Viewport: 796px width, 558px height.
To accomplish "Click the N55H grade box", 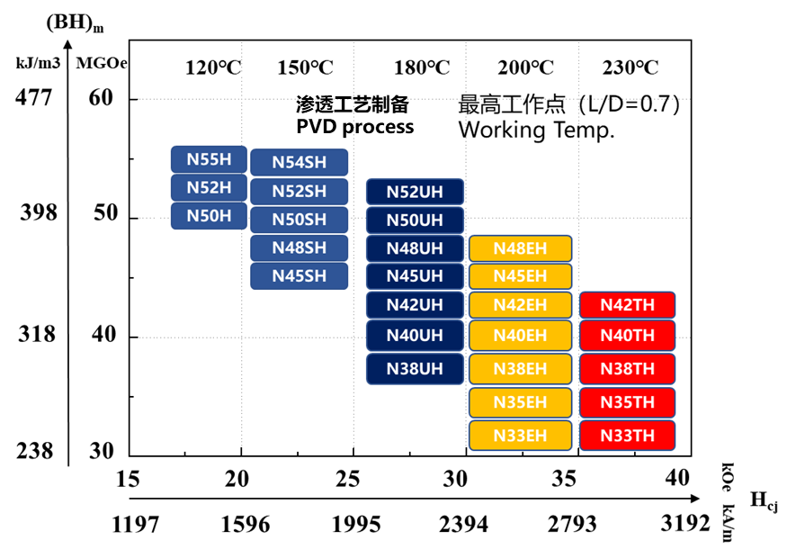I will point(209,160).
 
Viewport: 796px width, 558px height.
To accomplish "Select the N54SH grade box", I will point(299,162).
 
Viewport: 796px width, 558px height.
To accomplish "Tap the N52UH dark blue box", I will point(415,192).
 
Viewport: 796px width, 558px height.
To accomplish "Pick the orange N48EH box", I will point(520,248).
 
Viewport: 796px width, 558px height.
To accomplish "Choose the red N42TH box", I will point(627,305).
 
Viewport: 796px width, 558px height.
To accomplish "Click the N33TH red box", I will point(627,436).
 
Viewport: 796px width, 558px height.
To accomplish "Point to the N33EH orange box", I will point(520,436).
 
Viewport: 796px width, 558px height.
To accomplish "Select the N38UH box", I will point(415,369).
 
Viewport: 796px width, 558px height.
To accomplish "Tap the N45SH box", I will point(299,275).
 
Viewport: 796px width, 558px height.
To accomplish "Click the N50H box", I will point(209,216).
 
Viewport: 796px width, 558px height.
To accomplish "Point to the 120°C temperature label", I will point(213,68).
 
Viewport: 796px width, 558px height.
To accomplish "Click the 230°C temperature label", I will point(630,68).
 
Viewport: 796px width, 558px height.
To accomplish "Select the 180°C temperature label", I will point(422,68).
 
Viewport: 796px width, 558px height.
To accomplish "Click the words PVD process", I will point(354,126).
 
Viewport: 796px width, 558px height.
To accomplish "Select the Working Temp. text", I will point(536,130).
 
